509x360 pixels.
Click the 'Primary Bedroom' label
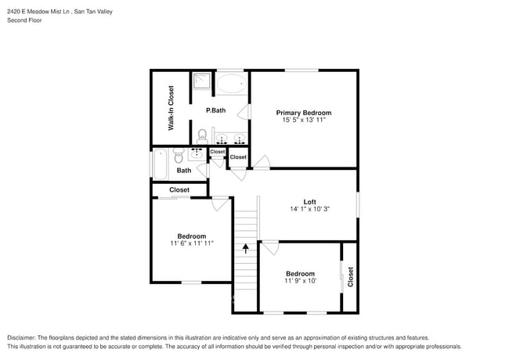tap(303, 113)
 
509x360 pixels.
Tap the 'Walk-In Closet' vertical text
tap(171, 107)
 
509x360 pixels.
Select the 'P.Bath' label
tap(216, 110)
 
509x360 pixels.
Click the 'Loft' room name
tap(310, 201)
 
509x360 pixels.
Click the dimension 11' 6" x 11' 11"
tap(192, 244)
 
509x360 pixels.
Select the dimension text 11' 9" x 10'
tap(300, 281)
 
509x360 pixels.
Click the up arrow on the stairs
tap(246, 249)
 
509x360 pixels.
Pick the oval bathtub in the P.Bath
tap(230, 83)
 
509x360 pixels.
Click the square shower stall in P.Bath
tap(202, 81)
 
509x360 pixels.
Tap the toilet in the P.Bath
tap(202, 135)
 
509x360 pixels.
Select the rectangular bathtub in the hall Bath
tap(160, 164)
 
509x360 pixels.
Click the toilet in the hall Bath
tap(179, 153)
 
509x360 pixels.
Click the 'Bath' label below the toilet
tap(183, 171)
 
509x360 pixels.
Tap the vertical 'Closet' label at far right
tap(350, 277)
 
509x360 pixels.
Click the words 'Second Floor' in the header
tap(24, 20)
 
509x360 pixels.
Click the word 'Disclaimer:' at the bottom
tap(22, 337)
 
